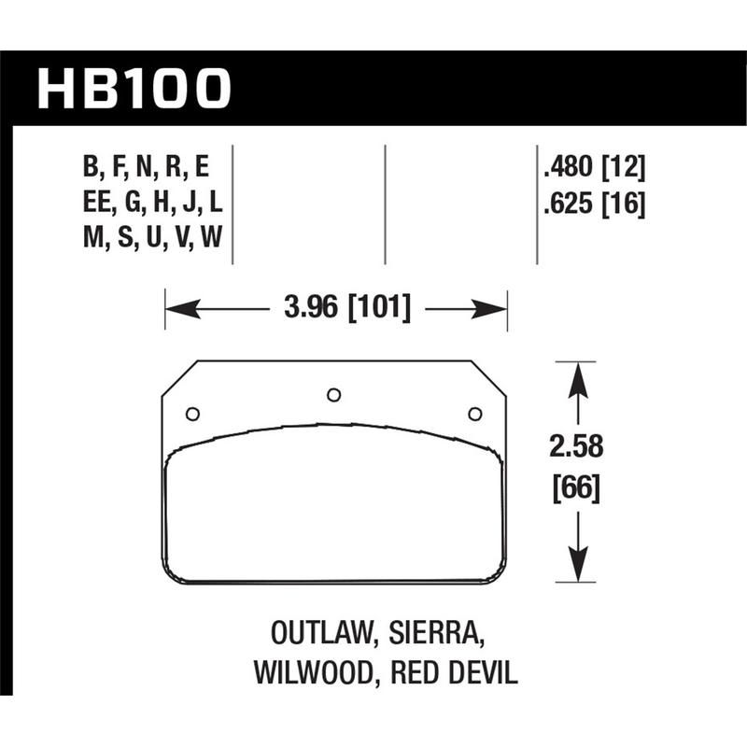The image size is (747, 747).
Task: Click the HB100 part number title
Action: (133, 89)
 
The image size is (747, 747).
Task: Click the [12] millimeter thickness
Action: (626, 169)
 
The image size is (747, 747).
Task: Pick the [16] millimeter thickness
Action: (626, 203)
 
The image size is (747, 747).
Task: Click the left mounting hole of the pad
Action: (193, 414)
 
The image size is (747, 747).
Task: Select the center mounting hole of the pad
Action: (333, 394)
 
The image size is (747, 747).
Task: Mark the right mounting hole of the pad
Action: (474, 414)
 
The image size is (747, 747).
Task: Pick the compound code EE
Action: (97, 203)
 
